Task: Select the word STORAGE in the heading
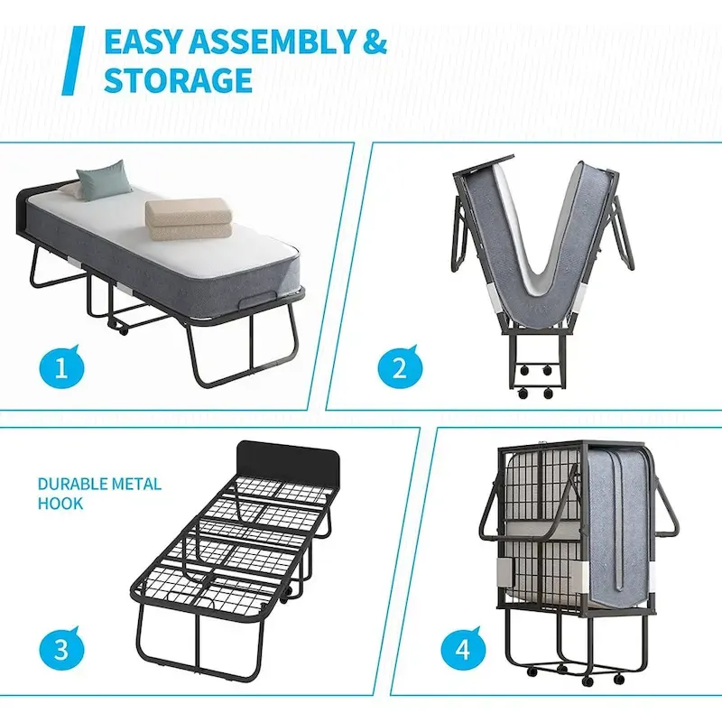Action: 178,80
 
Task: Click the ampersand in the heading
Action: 372,42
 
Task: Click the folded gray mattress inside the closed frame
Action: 616,523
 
